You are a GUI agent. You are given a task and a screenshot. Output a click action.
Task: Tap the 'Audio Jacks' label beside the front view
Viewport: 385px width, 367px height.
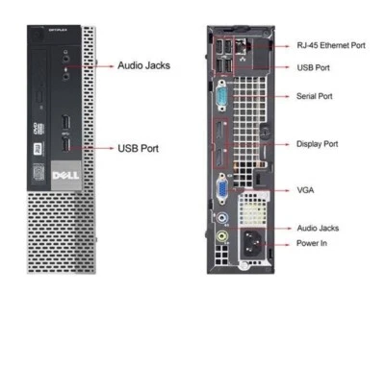click(x=144, y=66)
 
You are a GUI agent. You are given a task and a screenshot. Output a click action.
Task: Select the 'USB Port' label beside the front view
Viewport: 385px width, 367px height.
click(x=138, y=149)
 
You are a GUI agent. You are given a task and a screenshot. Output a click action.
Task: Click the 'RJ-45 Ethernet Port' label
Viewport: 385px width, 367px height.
click(x=329, y=45)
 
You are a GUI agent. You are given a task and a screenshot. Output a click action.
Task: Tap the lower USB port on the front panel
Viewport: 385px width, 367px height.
click(x=65, y=146)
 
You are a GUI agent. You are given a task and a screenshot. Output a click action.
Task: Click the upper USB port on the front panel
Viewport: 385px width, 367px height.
click(x=65, y=124)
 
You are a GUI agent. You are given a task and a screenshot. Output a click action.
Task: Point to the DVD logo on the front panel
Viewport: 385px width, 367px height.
click(x=37, y=128)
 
